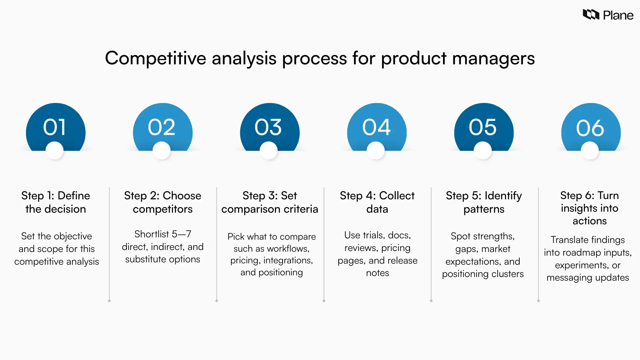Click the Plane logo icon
591,15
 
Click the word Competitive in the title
156,58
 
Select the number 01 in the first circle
55,127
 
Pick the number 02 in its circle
162,127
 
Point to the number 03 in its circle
268,127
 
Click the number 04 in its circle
376,127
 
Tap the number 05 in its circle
483,127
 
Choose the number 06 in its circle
590,128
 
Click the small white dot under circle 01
55,150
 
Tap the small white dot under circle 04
376,150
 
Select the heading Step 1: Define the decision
56,202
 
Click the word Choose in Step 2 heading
182,196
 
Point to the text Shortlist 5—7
163,234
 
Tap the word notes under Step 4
377,273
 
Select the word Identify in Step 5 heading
503,196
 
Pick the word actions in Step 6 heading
589,221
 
